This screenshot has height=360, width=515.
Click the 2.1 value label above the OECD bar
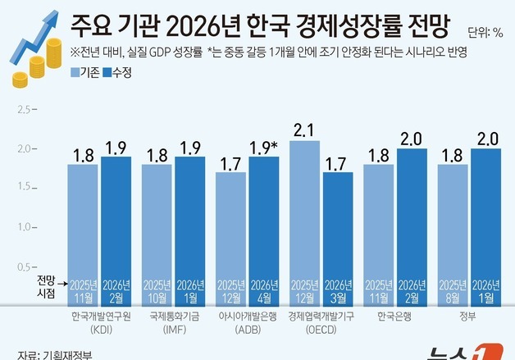click(304, 129)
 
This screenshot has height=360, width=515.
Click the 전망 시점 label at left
click(46, 285)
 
